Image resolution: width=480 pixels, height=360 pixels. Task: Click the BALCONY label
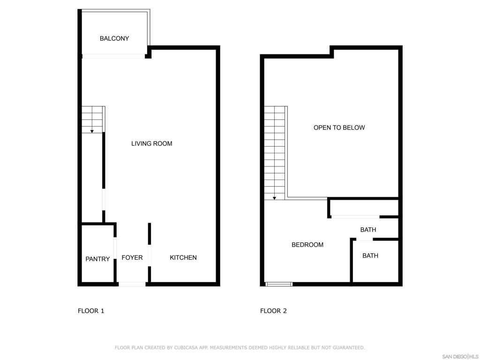click(x=114, y=38)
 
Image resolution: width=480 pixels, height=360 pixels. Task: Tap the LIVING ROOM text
click(x=151, y=143)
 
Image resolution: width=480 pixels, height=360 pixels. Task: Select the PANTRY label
click(x=97, y=259)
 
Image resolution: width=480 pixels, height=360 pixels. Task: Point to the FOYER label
click(x=132, y=257)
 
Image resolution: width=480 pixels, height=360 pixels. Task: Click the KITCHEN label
click(x=183, y=257)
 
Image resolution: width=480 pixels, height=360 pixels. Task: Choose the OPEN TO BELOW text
click(x=339, y=127)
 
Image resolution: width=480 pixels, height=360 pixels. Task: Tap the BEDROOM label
click(x=307, y=245)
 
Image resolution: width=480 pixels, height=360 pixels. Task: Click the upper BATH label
click(x=368, y=230)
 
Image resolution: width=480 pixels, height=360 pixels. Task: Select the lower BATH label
click(x=370, y=255)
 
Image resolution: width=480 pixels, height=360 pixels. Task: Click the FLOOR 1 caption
click(x=91, y=311)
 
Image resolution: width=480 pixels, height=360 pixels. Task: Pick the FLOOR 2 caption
click(x=273, y=311)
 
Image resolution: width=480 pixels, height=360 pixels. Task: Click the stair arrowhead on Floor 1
click(x=92, y=131)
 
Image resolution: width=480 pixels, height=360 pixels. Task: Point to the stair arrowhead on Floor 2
click(x=274, y=198)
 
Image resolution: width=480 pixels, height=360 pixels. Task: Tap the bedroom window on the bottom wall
click(x=278, y=285)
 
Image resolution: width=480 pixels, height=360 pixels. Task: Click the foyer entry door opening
click(x=132, y=285)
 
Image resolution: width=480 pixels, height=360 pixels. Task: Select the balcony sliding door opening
click(x=113, y=56)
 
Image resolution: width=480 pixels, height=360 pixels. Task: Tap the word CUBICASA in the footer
click(x=186, y=348)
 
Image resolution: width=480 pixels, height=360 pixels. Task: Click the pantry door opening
click(x=115, y=248)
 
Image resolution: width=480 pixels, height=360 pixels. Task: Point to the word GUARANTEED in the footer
click(x=348, y=348)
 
